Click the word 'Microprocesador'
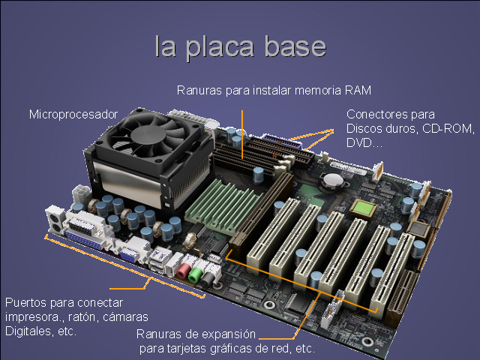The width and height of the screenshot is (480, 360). click(x=73, y=114)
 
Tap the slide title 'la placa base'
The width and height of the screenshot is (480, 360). click(x=240, y=46)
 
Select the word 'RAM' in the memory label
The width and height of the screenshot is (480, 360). click(x=358, y=90)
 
